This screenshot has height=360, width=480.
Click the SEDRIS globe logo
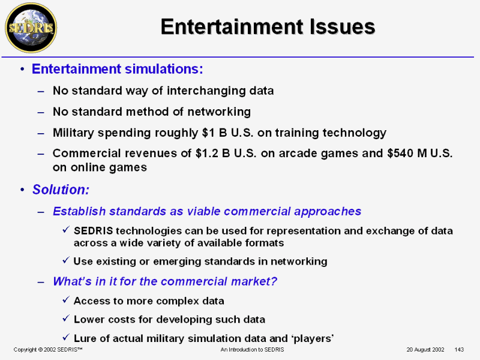[x=31, y=28]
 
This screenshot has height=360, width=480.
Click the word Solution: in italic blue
[x=61, y=190]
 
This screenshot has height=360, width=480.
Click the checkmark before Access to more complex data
[x=66, y=299]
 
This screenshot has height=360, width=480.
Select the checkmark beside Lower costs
[x=66, y=318]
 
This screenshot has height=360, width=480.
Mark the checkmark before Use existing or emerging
[x=66, y=260]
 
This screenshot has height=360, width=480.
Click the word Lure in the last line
[x=85, y=338]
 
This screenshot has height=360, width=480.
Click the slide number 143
[x=459, y=350]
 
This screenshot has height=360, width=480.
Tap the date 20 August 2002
[x=425, y=350]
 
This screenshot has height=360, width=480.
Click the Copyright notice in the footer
[x=48, y=350]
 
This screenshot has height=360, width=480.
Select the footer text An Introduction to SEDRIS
[x=252, y=350]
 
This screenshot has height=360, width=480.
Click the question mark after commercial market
[x=274, y=281]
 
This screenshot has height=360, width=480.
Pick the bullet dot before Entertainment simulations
[x=22, y=69]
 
